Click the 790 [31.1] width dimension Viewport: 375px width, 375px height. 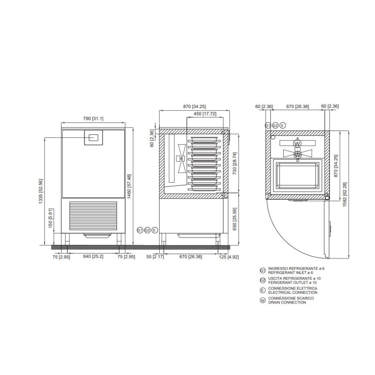pyautogui.click(x=93, y=118)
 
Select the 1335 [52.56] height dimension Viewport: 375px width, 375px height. pyautogui.click(x=41, y=191)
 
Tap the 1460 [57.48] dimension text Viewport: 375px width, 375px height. pyautogui.click(x=129, y=186)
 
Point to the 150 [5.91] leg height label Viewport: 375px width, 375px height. pyautogui.click(x=50, y=218)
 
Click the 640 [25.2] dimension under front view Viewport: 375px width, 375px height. pyautogui.click(x=93, y=257)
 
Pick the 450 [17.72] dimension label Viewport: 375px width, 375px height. pyautogui.click(x=205, y=114)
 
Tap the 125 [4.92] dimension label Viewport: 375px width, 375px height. pyautogui.click(x=228, y=257)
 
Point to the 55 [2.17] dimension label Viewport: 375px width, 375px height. pyautogui.click(x=155, y=257)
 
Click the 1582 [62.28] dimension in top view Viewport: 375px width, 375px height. pyautogui.click(x=344, y=194)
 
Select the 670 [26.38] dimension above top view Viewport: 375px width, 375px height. pyautogui.click(x=297, y=106)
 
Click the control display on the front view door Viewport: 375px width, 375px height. pyautogui.click(x=93, y=137)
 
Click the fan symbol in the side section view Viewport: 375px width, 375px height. pyautogui.click(x=181, y=159)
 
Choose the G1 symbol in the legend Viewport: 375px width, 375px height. pyautogui.click(x=262, y=270)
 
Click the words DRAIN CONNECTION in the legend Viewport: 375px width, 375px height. pyautogui.click(x=287, y=302)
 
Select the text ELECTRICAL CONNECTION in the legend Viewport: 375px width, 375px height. pyautogui.click(x=292, y=292)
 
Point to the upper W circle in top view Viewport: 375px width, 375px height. pyautogui.click(x=297, y=143)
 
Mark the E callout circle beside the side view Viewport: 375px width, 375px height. pyautogui.click(x=155, y=230)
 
